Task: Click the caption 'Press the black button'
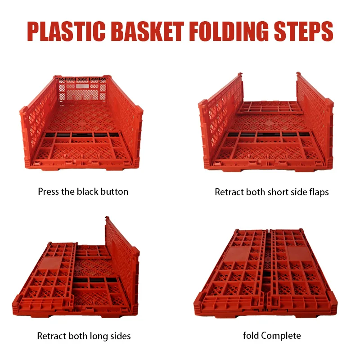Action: pos(83,192)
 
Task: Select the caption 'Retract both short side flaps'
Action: pos(272,192)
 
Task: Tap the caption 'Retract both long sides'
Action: pos(84,336)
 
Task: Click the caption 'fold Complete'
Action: pos(272,336)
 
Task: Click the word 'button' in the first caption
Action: pos(115,192)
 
